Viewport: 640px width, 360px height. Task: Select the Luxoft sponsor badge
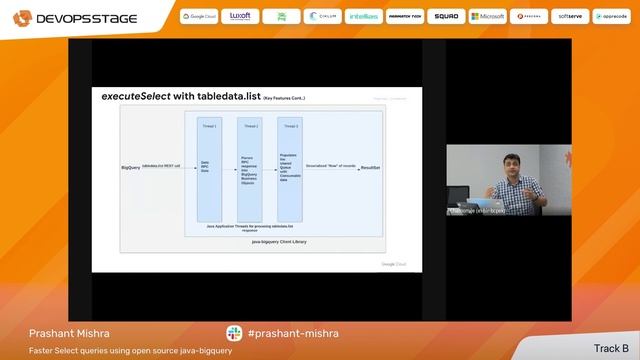pyautogui.click(x=241, y=17)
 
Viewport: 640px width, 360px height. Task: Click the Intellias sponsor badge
pyautogui.click(x=364, y=17)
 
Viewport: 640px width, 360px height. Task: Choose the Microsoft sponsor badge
pyautogui.click(x=487, y=17)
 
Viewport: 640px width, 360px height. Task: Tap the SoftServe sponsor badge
pyautogui.click(x=570, y=17)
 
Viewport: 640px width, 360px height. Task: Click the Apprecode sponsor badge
pyautogui.click(x=610, y=17)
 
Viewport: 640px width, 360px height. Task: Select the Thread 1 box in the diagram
pyautogui.click(x=208, y=168)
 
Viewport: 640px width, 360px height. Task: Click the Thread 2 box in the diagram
pyautogui.click(x=249, y=168)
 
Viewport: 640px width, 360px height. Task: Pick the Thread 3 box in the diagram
pyautogui.click(x=290, y=168)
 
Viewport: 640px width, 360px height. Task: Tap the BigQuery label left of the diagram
pyautogui.click(x=130, y=167)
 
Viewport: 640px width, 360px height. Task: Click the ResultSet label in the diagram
pyautogui.click(x=370, y=167)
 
